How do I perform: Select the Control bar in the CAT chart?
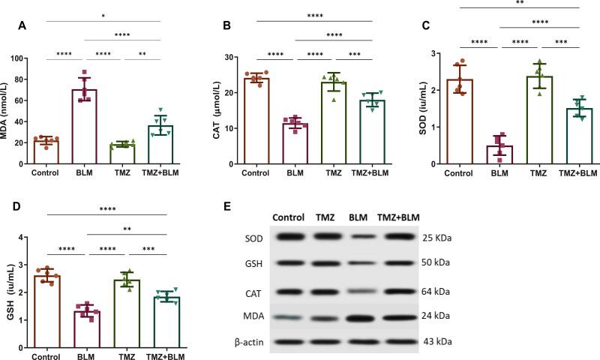(256, 121)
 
